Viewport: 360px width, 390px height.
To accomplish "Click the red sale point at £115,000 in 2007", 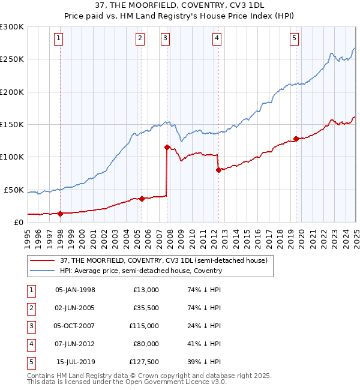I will (x=167, y=147).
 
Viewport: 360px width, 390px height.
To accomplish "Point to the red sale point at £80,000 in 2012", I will (x=218, y=170).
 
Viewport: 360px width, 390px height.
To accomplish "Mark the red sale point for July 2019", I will (x=296, y=139).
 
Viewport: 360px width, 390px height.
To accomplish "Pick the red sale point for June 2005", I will (x=142, y=199).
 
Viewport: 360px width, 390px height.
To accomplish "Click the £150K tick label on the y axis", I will (x=12, y=124).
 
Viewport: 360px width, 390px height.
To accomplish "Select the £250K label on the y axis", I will (x=12, y=59).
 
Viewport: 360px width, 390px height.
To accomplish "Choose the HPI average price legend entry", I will (x=141, y=271).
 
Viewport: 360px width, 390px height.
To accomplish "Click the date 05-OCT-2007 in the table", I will (x=75, y=326).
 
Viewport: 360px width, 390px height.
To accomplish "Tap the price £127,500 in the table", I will (x=144, y=362).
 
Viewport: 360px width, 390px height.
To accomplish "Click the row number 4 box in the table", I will (x=31, y=344).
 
